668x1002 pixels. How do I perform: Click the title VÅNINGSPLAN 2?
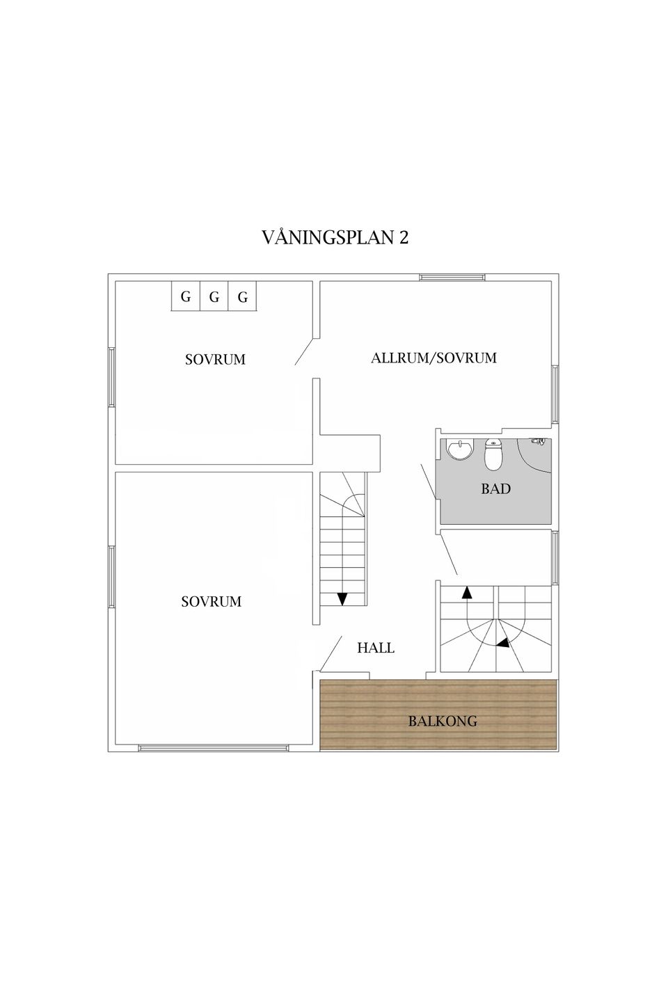tap(335, 237)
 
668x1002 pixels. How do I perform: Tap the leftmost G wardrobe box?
tap(186, 296)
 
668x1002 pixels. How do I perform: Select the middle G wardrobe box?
tap(214, 296)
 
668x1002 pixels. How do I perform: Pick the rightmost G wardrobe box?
tap(243, 296)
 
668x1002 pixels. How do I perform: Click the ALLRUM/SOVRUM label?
tap(434, 358)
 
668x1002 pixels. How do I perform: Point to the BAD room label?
tap(495, 489)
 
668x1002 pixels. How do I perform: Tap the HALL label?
tap(375, 648)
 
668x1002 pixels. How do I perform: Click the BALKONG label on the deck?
tap(436, 721)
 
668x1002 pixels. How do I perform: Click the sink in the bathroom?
tap(461, 449)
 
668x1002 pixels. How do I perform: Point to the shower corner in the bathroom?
tap(534, 454)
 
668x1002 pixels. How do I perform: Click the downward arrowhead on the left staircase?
tap(342, 598)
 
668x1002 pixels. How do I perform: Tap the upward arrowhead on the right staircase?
tap(467, 591)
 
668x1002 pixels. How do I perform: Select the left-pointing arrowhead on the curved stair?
tap(503, 643)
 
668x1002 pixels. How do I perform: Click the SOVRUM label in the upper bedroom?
tap(215, 359)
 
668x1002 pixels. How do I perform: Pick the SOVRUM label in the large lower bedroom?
tap(211, 602)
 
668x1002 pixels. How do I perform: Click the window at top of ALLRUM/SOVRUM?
tap(452, 278)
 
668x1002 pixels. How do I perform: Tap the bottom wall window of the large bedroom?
tap(214, 747)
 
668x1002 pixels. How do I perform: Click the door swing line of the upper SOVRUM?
tap(304, 351)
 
